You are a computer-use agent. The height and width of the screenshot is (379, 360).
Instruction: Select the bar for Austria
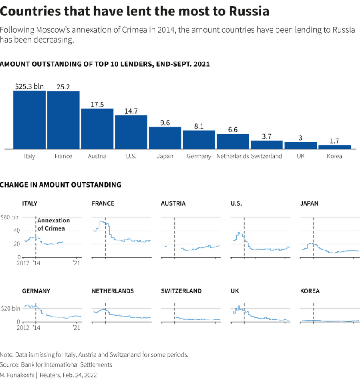(97, 129)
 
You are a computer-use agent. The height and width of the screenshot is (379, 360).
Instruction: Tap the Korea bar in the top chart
(334, 147)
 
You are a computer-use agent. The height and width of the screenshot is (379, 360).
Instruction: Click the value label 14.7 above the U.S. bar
(131, 111)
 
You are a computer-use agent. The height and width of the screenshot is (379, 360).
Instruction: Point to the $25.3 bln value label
(29, 86)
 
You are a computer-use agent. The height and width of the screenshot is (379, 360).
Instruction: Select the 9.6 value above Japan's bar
(165, 123)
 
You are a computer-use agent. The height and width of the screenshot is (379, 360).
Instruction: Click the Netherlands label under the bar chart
(233, 156)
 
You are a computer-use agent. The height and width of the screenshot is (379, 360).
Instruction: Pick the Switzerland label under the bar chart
(267, 156)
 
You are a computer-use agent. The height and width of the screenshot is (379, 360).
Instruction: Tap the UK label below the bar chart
(301, 156)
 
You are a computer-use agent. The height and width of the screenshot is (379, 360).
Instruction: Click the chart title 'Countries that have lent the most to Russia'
(135, 11)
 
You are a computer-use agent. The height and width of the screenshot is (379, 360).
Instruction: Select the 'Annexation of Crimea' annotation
(53, 224)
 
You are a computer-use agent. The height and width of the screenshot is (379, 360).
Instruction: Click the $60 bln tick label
(10, 217)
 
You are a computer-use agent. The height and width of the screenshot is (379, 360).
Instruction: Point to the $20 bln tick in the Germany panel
(10, 308)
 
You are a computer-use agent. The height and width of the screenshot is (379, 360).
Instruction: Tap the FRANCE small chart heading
(103, 203)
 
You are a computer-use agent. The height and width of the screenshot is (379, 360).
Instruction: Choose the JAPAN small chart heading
(309, 203)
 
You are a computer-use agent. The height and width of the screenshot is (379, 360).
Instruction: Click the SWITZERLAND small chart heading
(181, 291)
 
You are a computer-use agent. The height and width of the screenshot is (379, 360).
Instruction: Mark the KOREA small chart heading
(310, 291)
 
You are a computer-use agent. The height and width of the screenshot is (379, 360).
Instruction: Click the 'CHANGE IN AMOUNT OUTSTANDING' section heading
(61, 185)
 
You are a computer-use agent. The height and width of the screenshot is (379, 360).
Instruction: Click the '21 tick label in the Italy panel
(77, 262)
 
